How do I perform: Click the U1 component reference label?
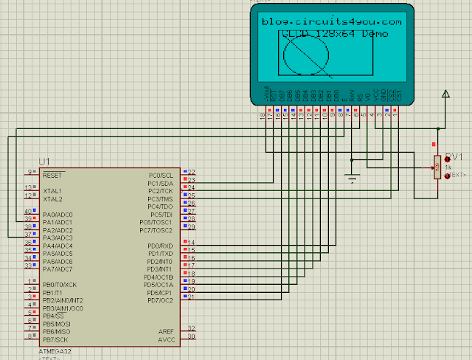45,162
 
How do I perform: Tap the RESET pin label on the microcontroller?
52,176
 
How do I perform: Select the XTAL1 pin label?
52,191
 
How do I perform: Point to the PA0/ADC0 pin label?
58,215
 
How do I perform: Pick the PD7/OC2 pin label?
159,300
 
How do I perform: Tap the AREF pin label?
166,332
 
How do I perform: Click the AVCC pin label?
166,340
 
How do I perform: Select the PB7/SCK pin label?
58,339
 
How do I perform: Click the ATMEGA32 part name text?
53,352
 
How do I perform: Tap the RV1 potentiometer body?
437,167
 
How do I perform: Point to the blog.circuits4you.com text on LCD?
332,22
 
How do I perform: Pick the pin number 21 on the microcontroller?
192,297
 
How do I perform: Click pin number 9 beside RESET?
31,172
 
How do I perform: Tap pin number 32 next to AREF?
192,328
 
